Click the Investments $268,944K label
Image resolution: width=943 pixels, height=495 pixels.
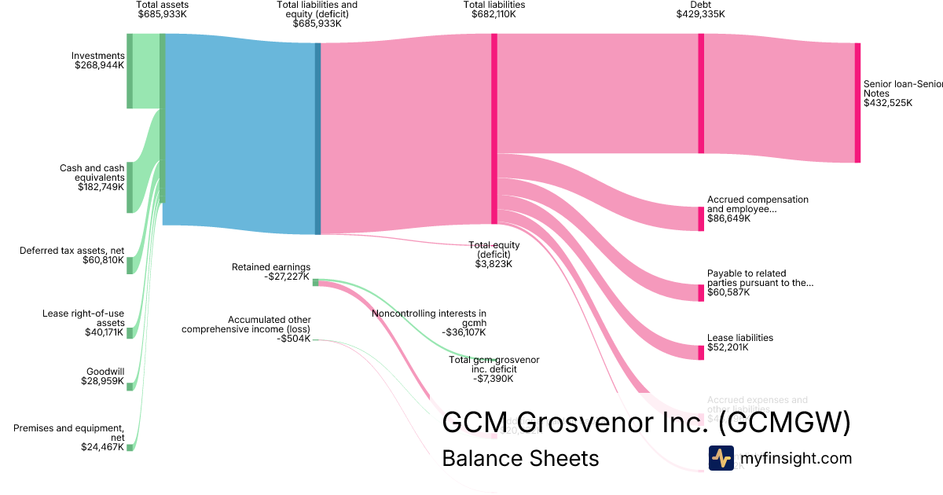pyautogui.click(x=97, y=60)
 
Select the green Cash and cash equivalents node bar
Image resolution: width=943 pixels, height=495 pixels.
pyautogui.click(x=130, y=187)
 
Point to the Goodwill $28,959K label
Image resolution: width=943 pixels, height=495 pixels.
pyautogui.click(x=102, y=376)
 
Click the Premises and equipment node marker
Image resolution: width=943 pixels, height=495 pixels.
pyautogui.click(x=130, y=447)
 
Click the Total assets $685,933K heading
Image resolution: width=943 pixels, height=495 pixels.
pyautogui.click(x=163, y=9)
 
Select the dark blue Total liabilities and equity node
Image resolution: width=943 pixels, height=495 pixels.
pyautogui.click(x=317, y=138)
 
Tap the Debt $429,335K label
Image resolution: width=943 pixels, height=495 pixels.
pyautogui.click(x=700, y=9)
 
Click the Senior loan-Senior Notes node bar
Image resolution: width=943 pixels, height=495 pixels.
pyautogui.click(x=857, y=103)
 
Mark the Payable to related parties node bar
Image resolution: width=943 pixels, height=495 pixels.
pyautogui.click(x=701, y=292)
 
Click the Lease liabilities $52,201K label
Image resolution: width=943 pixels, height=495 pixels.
pyautogui.click(x=739, y=343)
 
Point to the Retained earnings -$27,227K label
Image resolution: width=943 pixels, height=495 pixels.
pyautogui.click(x=270, y=272)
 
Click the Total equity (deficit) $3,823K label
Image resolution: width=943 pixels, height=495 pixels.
pyautogui.click(x=494, y=255)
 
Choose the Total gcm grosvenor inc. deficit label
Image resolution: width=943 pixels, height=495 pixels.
pyautogui.click(x=494, y=368)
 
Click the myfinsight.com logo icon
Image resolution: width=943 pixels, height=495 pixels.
pyautogui.click(x=721, y=458)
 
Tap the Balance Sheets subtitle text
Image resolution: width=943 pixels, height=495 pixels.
pyautogui.click(x=520, y=458)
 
